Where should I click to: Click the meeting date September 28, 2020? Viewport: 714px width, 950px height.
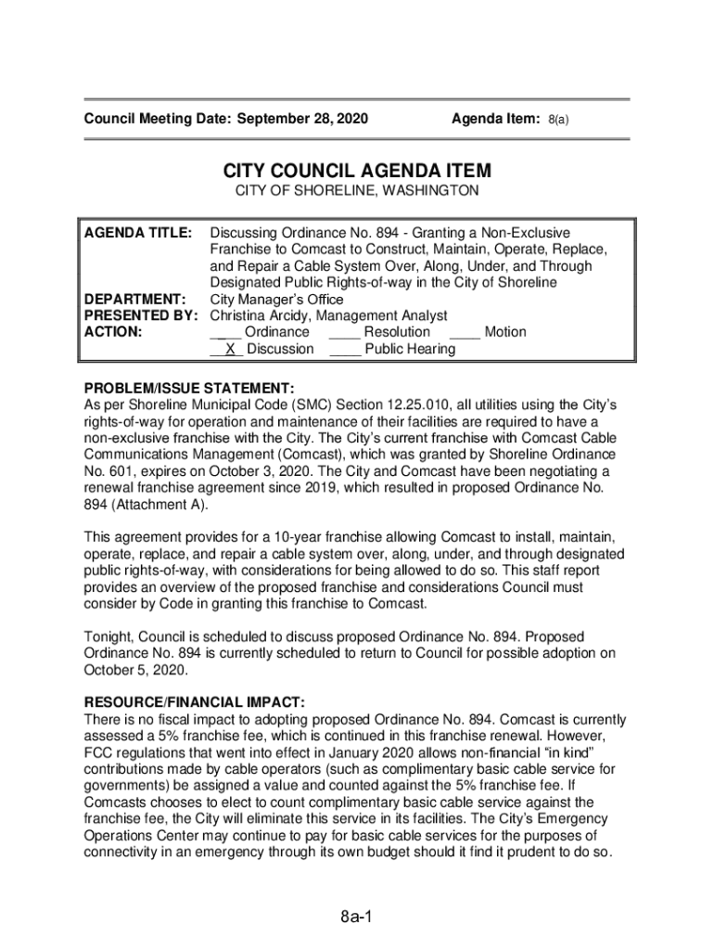(303, 120)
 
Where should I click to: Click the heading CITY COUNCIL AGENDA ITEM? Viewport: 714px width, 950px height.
(357, 172)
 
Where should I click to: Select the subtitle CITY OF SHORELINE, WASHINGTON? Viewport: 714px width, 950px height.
(357, 191)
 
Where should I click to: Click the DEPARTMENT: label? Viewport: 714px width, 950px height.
(134, 300)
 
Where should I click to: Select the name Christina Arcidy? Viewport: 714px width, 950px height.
(257, 316)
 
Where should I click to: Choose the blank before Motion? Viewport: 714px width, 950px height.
(465, 333)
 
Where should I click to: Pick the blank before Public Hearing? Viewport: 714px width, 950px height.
(344, 350)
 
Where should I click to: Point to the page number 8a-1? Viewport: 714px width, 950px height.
(355, 918)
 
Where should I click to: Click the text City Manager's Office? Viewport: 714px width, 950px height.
(277, 300)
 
